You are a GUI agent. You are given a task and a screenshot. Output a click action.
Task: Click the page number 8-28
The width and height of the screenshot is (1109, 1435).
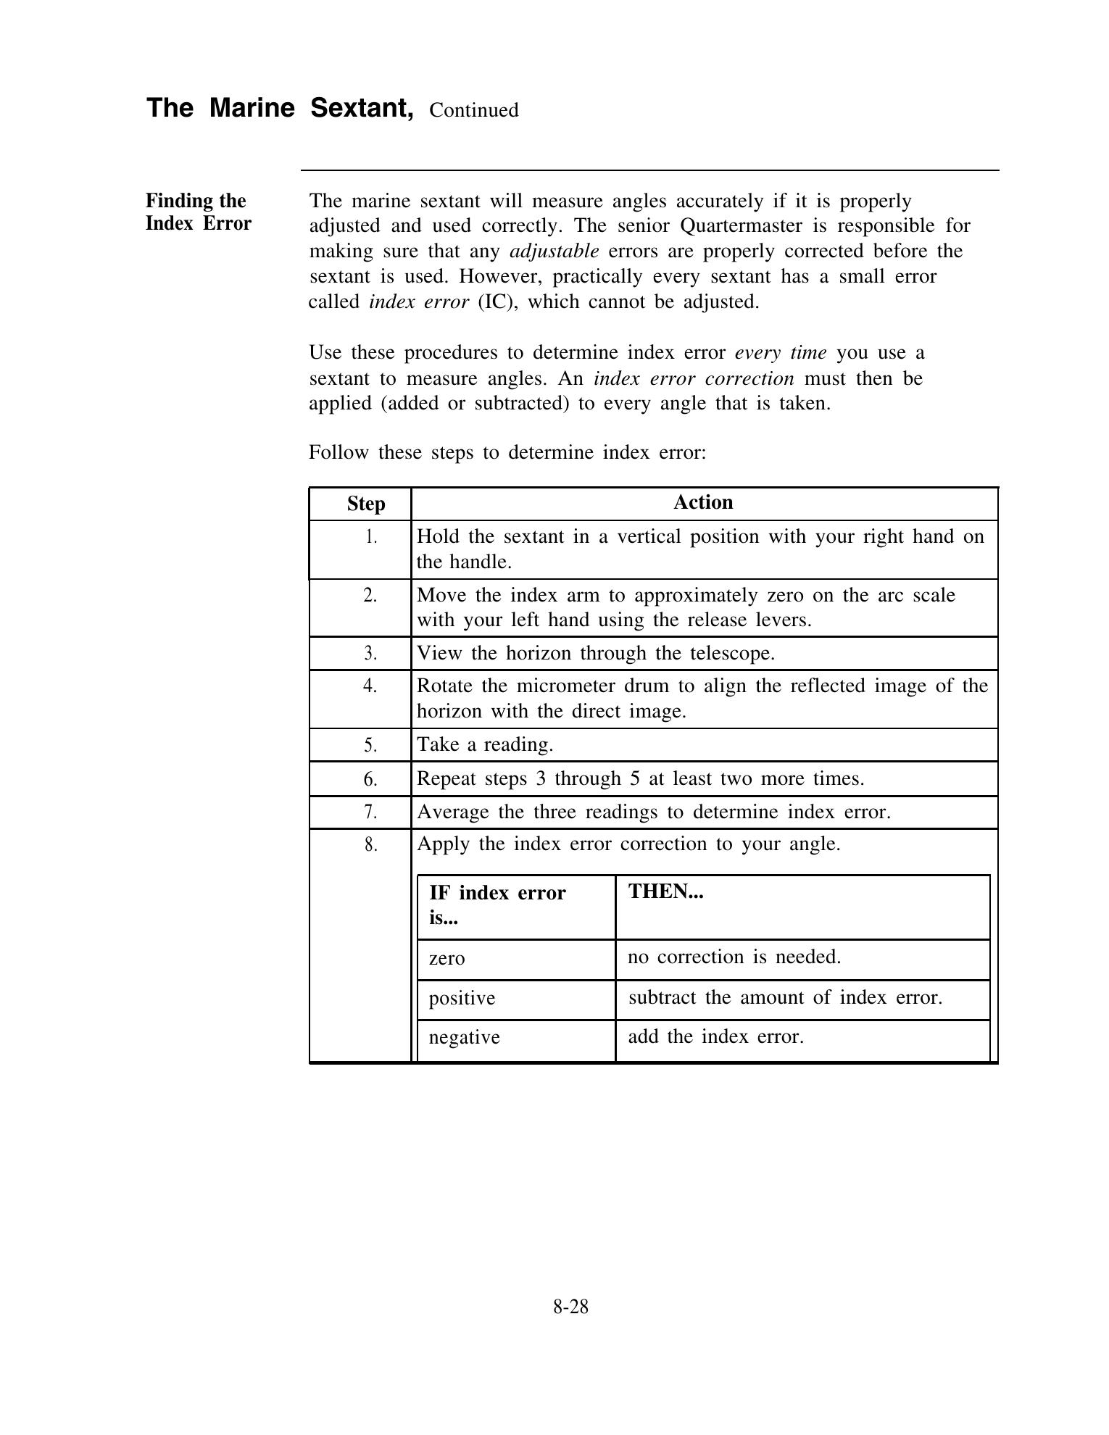[570, 1307]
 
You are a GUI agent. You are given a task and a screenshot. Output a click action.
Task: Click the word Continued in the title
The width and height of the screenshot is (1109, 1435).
[473, 110]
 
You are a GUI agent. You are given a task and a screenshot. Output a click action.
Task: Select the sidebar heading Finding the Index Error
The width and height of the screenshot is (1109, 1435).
[198, 212]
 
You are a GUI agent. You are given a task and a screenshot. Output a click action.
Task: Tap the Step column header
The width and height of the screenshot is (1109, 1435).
[366, 504]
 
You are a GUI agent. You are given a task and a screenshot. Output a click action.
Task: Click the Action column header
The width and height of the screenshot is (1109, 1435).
[703, 502]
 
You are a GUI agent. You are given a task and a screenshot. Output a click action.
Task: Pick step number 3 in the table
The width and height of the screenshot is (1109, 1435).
[370, 654]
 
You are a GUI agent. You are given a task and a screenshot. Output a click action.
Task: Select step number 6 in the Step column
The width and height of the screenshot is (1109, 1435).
[370, 779]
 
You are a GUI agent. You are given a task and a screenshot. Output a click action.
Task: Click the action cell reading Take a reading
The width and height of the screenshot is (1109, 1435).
[485, 745]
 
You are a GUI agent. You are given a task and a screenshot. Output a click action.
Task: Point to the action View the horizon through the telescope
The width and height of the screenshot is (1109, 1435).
[596, 654]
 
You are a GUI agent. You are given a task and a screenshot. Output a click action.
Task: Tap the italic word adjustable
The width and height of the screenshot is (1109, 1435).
[554, 251]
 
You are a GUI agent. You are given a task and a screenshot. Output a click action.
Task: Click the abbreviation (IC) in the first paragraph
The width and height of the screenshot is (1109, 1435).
[497, 302]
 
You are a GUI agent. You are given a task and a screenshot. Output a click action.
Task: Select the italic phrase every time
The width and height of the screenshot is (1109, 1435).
[781, 353]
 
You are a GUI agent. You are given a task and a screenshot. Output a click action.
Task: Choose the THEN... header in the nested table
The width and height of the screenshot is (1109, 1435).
[665, 891]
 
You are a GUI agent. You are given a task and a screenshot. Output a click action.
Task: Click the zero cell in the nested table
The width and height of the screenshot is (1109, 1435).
[446, 959]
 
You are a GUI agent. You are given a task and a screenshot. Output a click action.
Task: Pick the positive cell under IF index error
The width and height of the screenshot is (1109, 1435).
[462, 999]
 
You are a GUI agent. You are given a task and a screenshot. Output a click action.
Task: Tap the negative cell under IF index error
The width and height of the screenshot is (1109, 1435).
[464, 1038]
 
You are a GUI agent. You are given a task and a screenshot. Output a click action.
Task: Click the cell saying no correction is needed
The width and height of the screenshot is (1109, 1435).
[734, 957]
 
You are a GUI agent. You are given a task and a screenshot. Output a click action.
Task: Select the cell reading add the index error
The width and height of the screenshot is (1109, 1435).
[715, 1037]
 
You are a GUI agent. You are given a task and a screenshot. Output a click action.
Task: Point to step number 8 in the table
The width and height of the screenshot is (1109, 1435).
[370, 845]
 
